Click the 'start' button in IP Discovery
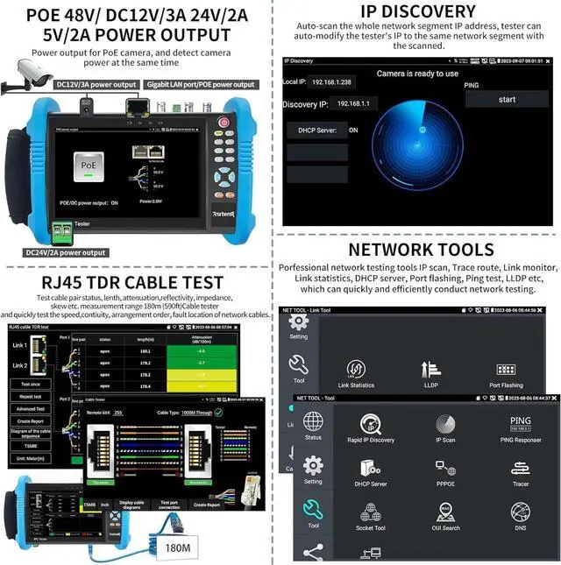pos(507,100)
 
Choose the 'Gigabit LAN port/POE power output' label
pos(202,85)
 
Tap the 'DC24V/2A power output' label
pos(66,252)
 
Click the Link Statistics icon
pos(356,371)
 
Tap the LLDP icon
pos(430,371)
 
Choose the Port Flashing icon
pos(506,371)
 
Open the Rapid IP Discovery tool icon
pos(371,425)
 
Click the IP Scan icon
pos(445,425)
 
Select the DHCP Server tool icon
pos(371,470)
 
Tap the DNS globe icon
pos(520,512)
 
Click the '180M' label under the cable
pos(177,547)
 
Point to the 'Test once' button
pos(30,384)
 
